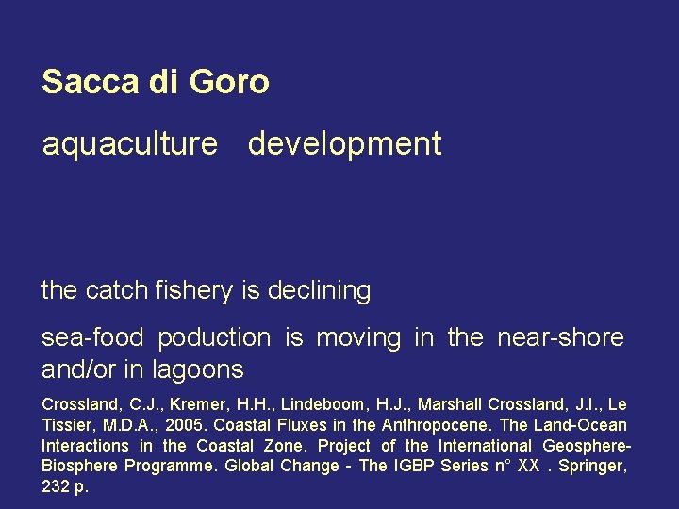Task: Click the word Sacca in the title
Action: click(91, 82)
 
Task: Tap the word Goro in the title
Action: click(229, 82)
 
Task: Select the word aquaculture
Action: click(129, 144)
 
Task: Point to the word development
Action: click(344, 144)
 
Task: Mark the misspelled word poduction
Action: click(214, 337)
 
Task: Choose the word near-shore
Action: click(561, 337)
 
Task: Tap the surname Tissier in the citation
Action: click(70, 425)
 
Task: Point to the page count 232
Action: click(56, 487)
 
